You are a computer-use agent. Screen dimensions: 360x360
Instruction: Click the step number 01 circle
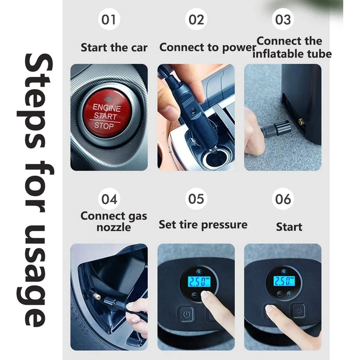pos(109,19)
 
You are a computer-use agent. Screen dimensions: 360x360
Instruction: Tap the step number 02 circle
pos(196,19)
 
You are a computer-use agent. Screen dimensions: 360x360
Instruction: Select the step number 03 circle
pos(283,19)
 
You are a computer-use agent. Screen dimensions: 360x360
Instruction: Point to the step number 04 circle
pos(109,199)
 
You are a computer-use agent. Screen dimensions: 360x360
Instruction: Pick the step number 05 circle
pos(196,199)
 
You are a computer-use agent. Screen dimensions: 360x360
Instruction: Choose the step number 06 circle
pos(283,199)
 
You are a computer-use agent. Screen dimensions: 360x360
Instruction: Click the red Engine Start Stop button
pos(107,116)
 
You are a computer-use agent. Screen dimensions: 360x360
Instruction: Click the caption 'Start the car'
pos(114,48)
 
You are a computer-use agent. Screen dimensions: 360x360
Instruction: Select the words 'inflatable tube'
pos(292,54)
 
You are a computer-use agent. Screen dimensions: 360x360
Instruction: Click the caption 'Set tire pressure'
pos(203,225)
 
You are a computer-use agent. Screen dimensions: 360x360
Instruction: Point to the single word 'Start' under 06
pos(289,227)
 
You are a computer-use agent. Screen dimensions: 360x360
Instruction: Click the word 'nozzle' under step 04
pos(114,227)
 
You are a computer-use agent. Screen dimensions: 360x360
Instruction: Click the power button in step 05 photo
pos(185,314)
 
